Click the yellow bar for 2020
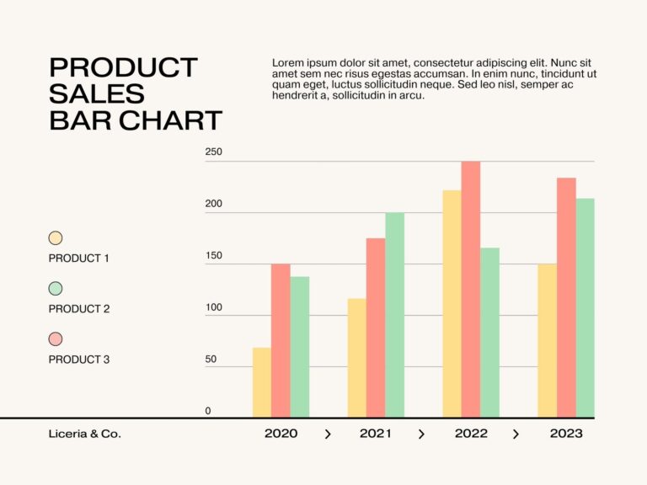(261, 382)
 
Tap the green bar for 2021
(394, 315)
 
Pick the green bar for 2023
(585, 307)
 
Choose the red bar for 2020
(281, 340)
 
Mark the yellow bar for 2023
(547, 340)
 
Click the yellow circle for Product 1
(56, 238)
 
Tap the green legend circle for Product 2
(56, 289)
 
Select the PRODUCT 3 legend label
(79, 360)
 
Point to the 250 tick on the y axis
(213, 152)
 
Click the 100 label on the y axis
(213, 307)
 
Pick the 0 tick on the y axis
(208, 411)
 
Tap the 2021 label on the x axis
(376, 434)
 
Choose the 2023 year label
(566, 434)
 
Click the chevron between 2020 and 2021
(328, 434)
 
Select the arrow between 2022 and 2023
(516, 434)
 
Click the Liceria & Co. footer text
(84, 434)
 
